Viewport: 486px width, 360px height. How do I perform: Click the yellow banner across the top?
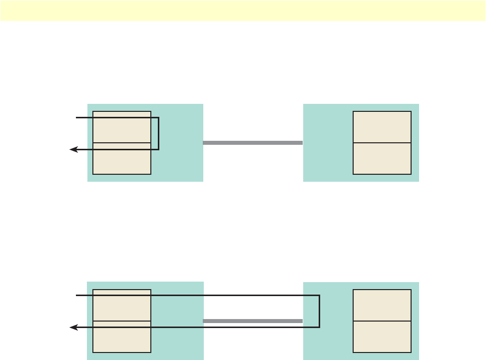pyautogui.click(x=243, y=10)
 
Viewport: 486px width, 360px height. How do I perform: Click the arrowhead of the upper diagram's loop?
pyautogui.click(x=73, y=149)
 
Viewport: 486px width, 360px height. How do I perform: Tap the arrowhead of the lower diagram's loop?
pyautogui.click(x=73, y=328)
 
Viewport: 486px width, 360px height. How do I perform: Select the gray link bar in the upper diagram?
pyautogui.click(x=253, y=143)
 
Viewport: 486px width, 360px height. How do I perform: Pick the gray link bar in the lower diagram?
pyautogui.click(x=253, y=321)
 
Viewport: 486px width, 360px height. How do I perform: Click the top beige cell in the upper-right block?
pyautogui.click(x=382, y=127)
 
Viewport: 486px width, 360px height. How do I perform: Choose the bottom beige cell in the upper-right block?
pyautogui.click(x=382, y=159)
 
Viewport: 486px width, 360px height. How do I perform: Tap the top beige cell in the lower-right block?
pyautogui.click(x=382, y=305)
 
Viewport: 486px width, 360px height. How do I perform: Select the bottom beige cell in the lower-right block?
pyautogui.click(x=382, y=337)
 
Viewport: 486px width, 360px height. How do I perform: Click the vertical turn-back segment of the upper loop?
pyautogui.click(x=158, y=133)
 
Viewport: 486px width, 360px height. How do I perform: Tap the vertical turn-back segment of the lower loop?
pyautogui.click(x=319, y=312)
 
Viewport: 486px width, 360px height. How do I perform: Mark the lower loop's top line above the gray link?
pyautogui.click(x=253, y=296)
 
